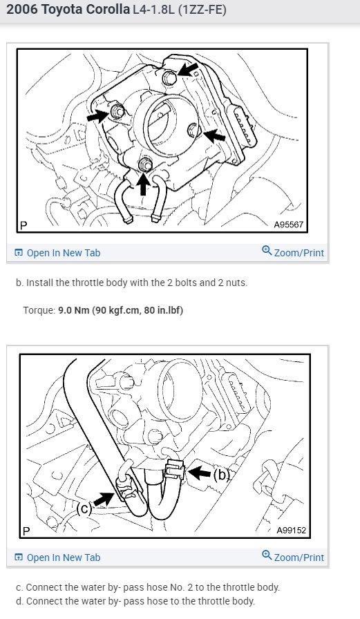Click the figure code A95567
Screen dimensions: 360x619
[x=289, y=225]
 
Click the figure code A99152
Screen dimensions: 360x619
[x=292, y=530]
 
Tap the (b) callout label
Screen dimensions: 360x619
[x=221, y=474]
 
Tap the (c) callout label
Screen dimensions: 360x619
[x=84, y=508]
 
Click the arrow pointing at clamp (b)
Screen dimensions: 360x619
[x=200, y=472]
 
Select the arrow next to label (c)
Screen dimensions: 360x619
[x=104, y=499]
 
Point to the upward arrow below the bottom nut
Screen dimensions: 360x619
[x=143, y=184]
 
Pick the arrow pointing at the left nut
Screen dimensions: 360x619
[x=97, y=115]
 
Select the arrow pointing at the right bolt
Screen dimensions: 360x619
[x=214, y=135]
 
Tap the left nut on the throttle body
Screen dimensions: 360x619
[x=117, y=112]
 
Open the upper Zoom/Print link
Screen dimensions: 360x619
[x=293, y=252]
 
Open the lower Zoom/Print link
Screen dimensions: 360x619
[x=293, y=557]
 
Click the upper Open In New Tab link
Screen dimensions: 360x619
[x=57, y=253]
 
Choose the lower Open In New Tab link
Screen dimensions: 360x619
[x=57, y=558]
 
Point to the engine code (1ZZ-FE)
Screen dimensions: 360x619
[x=202, y=10]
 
